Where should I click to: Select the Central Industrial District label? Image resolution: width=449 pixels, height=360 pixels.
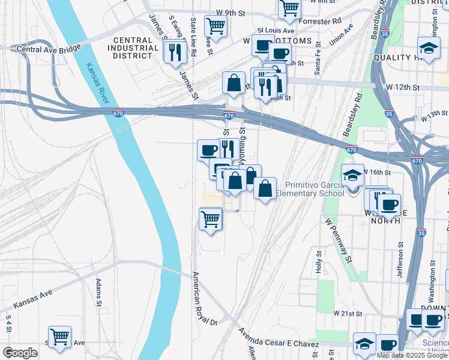pos(132,48)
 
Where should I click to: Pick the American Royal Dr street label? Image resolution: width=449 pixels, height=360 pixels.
pos(204,299)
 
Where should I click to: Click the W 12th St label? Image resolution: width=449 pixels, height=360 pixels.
pos(402,87)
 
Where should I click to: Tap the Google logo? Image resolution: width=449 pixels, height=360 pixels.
pos(20,353)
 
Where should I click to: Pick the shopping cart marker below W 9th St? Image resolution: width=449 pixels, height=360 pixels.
pos(215,26)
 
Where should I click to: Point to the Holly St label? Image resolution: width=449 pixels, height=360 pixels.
pos(319,262)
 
